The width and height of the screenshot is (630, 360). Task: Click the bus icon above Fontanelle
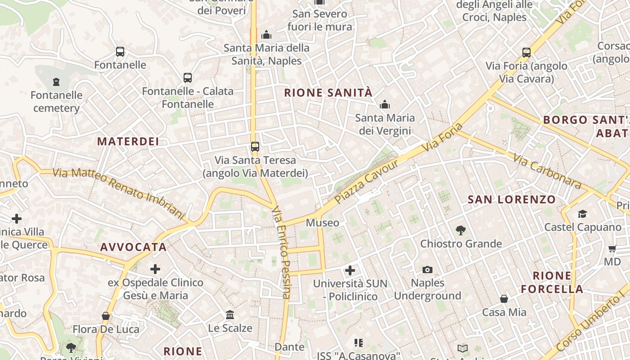[120, 52]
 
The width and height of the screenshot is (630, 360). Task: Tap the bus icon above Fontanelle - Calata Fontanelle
[188, 78]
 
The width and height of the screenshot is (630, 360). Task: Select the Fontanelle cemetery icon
[56, 82]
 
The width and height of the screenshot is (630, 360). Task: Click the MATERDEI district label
[128, 141]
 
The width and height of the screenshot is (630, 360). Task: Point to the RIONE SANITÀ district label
[328, 93]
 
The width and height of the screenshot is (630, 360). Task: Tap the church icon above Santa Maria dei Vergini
[384, 105]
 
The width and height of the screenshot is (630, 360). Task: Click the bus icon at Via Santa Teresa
[255, 147]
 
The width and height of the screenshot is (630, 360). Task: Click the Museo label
[323, 223]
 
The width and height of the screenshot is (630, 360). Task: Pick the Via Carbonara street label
[547, 172]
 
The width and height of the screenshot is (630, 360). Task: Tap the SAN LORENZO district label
[512, 199]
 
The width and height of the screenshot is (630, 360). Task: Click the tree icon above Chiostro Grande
[460, 231]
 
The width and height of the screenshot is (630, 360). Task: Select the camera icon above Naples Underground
[427, 270]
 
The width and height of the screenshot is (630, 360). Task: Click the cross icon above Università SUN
[350, 270]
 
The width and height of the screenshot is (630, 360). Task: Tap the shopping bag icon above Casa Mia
[504, 299]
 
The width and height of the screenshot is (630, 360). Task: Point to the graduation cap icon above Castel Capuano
[582, 214]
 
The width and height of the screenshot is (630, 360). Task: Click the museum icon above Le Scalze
[230, 315]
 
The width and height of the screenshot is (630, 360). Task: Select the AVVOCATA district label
[133, 247]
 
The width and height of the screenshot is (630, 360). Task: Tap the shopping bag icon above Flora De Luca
[106, 316]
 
